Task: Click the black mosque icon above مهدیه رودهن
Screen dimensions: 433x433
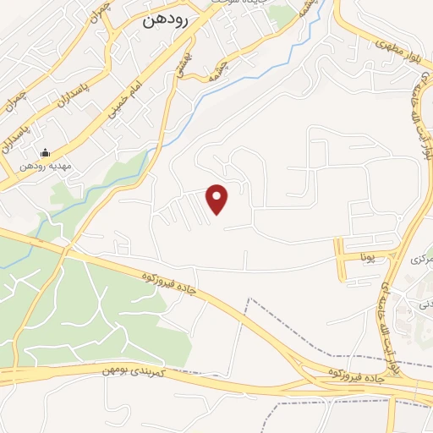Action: tap(45, 153)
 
